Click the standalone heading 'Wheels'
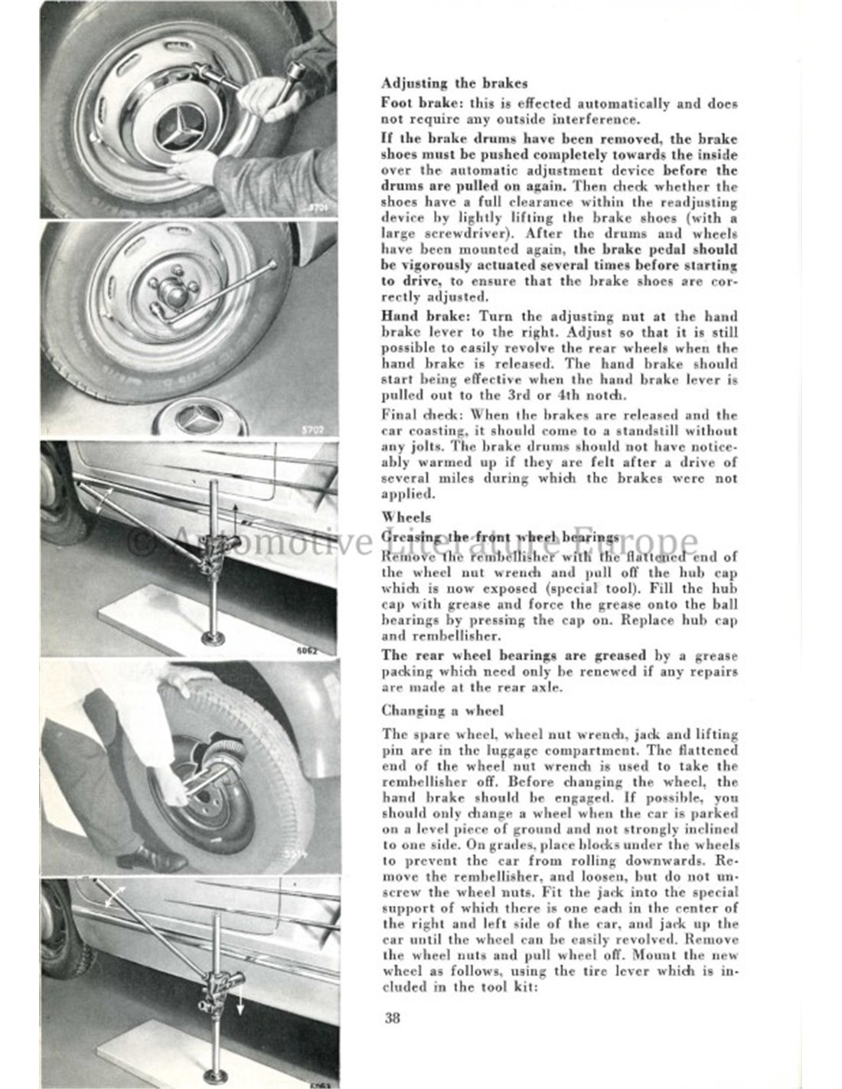click(406, 517)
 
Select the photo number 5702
click(319, 429)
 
